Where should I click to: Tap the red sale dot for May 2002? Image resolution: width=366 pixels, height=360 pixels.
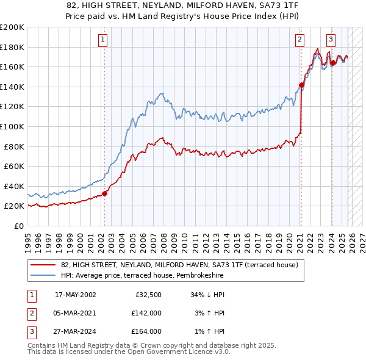[104, 194]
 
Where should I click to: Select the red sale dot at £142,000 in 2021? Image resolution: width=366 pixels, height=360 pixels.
[301, 85]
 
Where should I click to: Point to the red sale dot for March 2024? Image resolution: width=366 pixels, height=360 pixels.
[332, 63]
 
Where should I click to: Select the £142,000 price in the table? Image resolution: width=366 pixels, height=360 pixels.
[146, 313]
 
